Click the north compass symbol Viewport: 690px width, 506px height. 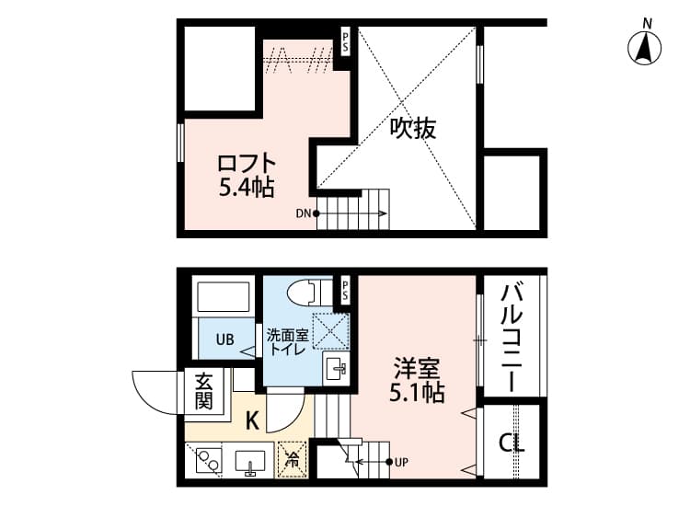[x=648, y=46]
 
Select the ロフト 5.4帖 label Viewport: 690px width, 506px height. [x=246, y=176]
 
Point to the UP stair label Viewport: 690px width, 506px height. [x=401, y=462]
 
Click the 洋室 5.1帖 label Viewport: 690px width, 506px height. [x=416, y=381]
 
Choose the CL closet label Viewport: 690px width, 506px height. [x=512, y=443]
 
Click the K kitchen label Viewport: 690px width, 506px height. [x=251, y=420]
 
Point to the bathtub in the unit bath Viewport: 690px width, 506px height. [x=224, y=298]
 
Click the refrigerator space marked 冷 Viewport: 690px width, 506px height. [x=293, y=456]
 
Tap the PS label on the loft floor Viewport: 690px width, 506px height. [x=346, y=40]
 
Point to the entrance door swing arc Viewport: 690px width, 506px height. [x=152, y=390]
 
